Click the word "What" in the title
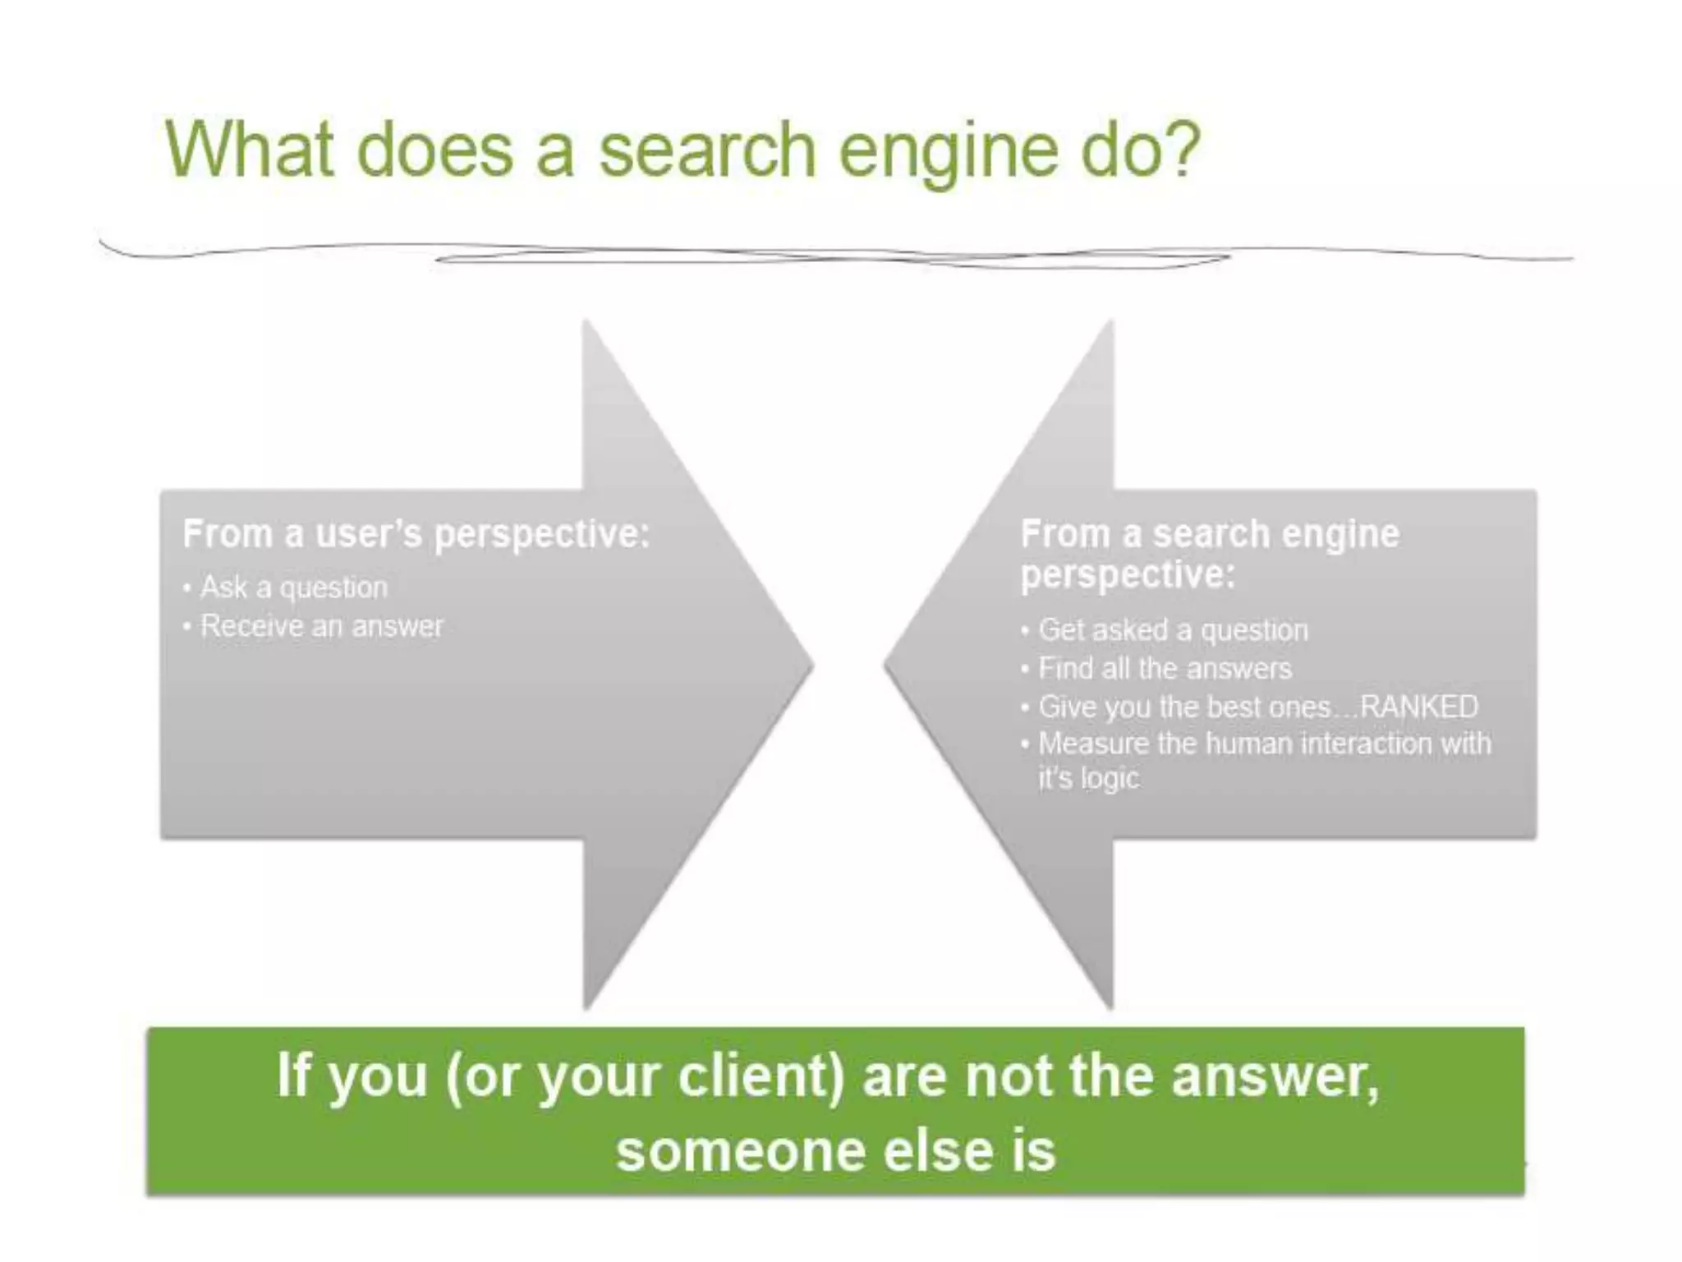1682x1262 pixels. coord(250,150)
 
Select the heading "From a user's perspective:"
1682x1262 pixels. coord(416,534)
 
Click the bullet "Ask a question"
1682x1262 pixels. coord(293,587)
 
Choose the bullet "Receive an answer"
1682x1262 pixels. coord(321,627)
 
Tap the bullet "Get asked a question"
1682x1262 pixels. coord(1173,630)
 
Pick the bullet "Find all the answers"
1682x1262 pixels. coord(1165,669)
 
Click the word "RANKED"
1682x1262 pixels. coord(1418,707)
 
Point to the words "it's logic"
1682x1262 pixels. coord(1088,778)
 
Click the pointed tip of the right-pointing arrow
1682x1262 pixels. coord(811,666)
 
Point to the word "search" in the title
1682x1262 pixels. coord(707,151)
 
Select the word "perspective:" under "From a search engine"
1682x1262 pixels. coord(1127,574)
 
